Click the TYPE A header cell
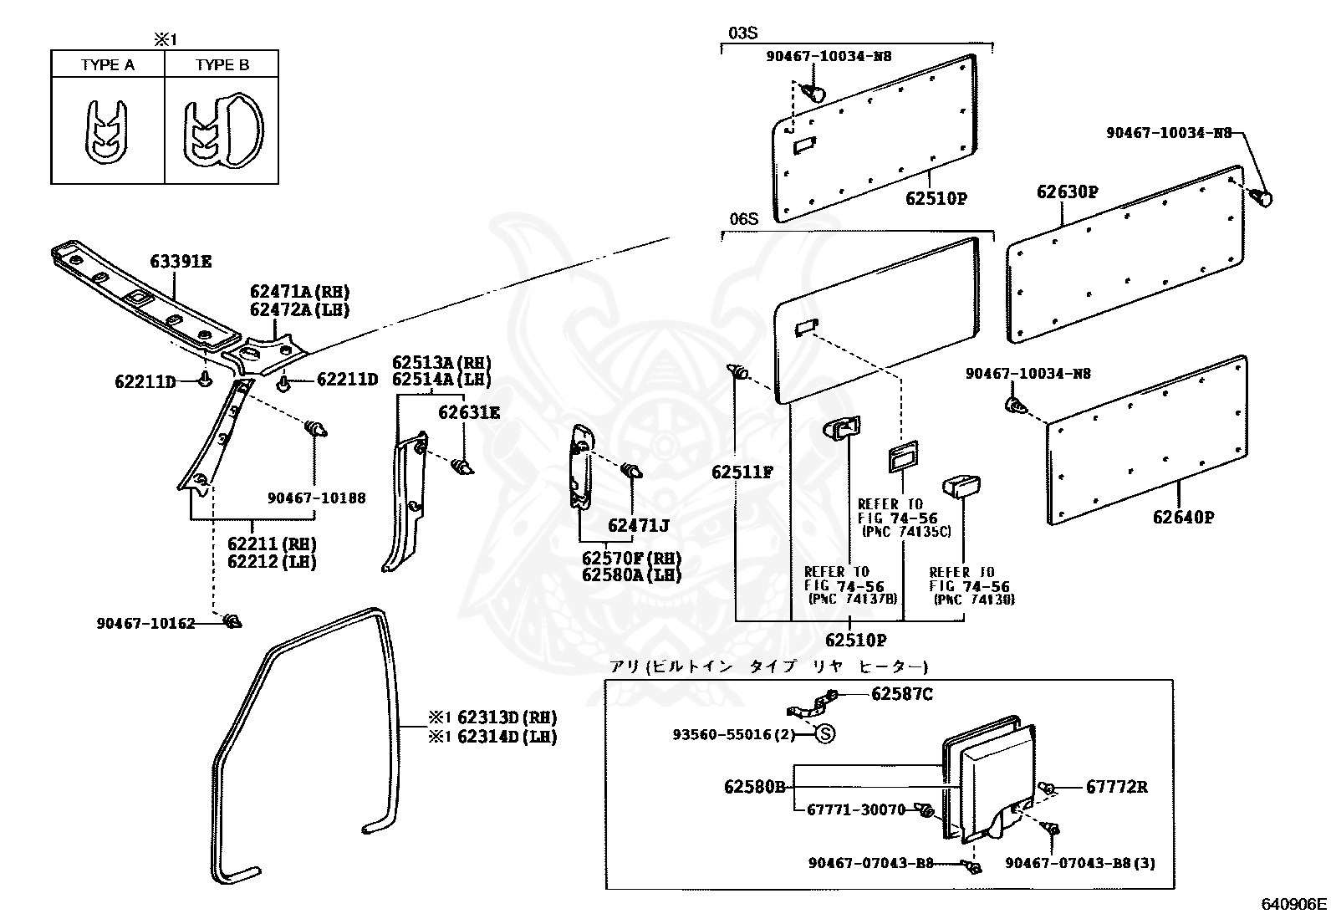pyautogui.click(x=108, y=65)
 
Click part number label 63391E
pyautogui.click(x=181, y=262)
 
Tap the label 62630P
pyautogui.click(x=1067, y=191)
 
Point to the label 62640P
pyautogui.click(x=1182, y=517)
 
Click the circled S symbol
pyautogui.click(x=824, y=734)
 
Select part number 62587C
pyautogui.click(x=901, y=694)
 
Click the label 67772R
pyautogui.click(x=1116, y=787)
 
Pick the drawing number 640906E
pyautogui.click(x=1293, y=904)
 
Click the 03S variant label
pyautogui.click(x=742, y=33)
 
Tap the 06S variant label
pyautogui.click(x=742, y=219)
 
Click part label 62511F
pyautogui.click(x=742, y=472)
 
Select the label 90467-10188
pyautogui.click(x=316, y=498)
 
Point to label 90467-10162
pyautogui.click(x=145, y=623)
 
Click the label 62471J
pyautogui.click(x=639, y=525)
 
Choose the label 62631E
pyautogui.click(x=469, y=411)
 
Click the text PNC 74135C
pyautogui.click(x=905, y=532)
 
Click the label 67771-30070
pyautogui.click(x=856, y=809)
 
